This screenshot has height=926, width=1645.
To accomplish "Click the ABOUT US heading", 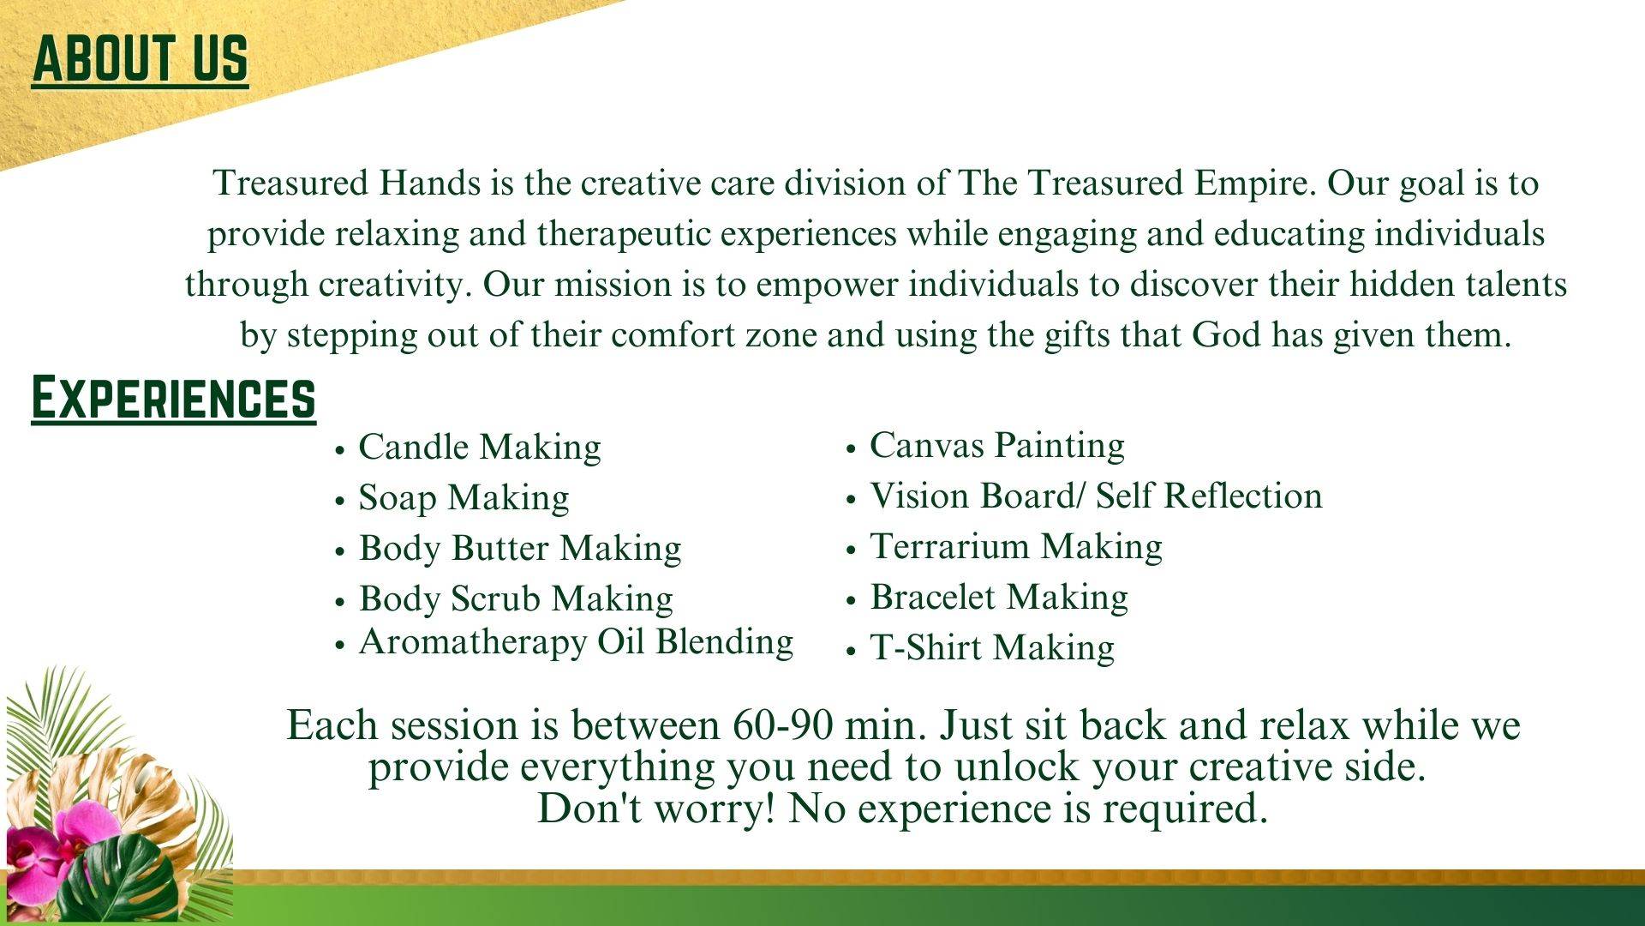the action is point(141,60).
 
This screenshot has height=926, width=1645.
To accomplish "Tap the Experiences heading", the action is point(173,399).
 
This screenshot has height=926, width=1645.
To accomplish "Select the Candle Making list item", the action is point(480,448).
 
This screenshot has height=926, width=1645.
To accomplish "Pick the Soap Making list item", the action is point(464,498).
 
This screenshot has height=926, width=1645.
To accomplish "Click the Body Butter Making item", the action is point(520,549).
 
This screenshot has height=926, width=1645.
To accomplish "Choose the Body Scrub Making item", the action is point(516,599).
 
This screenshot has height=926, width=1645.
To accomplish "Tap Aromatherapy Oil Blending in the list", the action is point(576,642).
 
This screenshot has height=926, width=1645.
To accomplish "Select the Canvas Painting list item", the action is point(997,446).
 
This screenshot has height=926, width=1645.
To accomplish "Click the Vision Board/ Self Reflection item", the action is point(1097,496).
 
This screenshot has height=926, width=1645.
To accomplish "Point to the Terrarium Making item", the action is point(1016,547).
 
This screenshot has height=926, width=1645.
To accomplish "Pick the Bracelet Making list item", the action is point(999,598).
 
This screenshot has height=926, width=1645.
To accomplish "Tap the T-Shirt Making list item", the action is point(992,648).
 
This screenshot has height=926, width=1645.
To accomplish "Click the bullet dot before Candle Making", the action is point(340,450).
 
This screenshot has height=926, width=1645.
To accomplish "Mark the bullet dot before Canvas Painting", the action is point(851,448).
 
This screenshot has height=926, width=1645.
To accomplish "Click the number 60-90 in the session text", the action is point(782,726).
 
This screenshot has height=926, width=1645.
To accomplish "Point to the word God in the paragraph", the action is point(1226,335).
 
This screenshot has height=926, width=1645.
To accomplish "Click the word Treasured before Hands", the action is point(291,183).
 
